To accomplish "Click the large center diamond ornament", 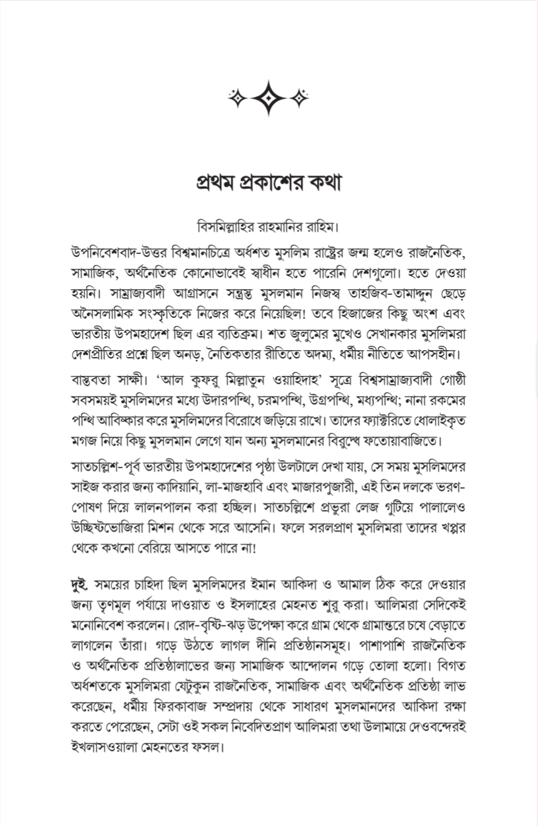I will point(269,98).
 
